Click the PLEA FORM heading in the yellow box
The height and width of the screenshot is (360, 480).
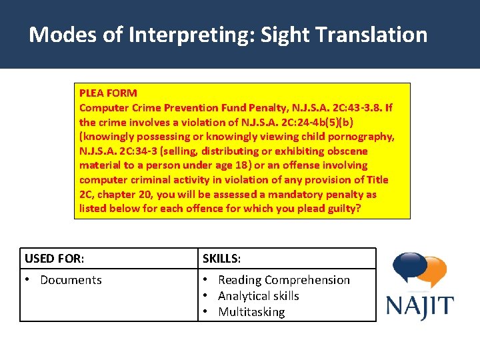(108, 93)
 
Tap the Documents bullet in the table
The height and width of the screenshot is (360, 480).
(71, 280)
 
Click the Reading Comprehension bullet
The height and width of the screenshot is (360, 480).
(283, 280)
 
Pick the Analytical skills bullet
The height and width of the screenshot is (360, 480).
(258, 296)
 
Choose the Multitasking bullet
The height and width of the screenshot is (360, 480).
(251, 312)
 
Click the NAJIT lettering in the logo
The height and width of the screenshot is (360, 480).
(420, 307)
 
